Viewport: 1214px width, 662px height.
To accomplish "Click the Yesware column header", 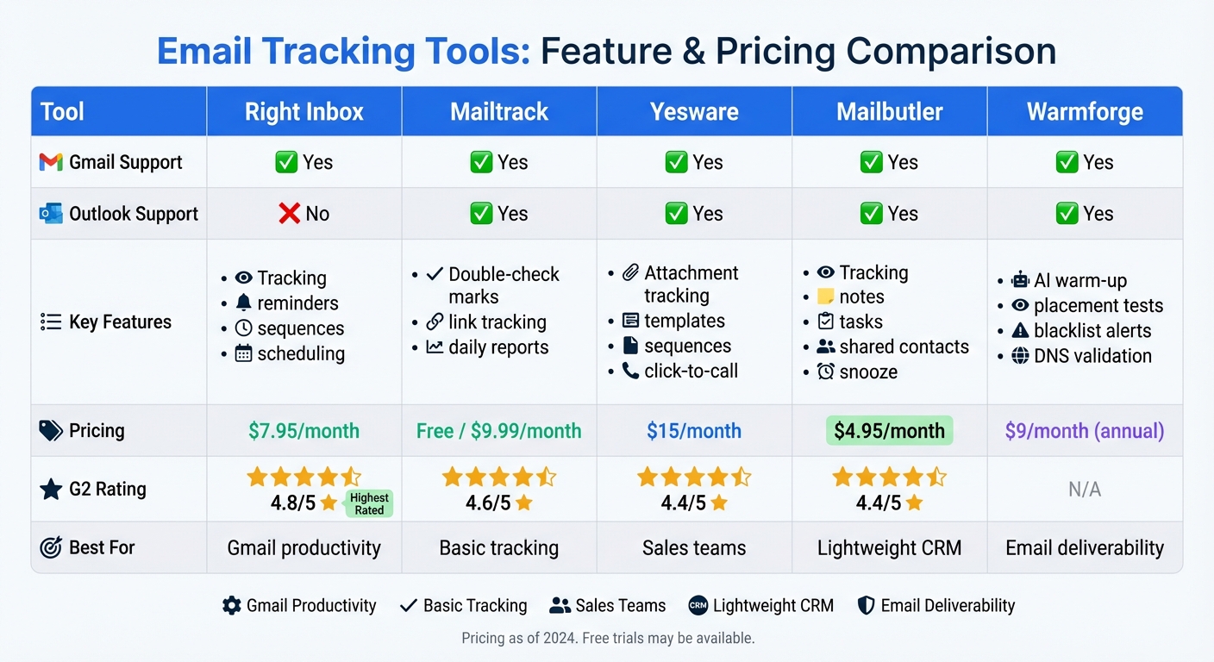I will pos(694,111).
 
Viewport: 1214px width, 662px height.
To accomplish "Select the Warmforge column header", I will pos(1085,111).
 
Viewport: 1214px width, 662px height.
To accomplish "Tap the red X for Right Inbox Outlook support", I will pos(290,214).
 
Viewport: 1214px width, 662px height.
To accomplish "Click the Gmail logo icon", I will pos(51,162).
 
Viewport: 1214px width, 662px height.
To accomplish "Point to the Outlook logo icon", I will pos(51,214).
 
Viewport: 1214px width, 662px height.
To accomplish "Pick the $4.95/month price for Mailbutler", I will pos(889,431).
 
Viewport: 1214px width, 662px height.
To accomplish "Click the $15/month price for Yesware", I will pos(694,431).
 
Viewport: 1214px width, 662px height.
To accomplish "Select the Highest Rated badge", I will pos(369,503).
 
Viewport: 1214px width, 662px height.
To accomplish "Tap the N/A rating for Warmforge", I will pos(1085,490).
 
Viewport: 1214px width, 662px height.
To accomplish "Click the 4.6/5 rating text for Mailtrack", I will pos(489,503).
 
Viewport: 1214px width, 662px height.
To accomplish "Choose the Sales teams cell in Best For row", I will pos(694,547).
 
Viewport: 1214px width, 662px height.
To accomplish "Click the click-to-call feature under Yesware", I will pos(680,372).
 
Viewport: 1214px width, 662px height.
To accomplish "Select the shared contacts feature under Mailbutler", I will pos(892,347).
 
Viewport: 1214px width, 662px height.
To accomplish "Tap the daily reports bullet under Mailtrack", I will pos(488,347).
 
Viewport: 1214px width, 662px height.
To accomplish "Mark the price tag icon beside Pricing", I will pos(51,431).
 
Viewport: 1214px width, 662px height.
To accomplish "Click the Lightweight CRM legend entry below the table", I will pos(761,606).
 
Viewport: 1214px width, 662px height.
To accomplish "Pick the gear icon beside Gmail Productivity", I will pos(231,606).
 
